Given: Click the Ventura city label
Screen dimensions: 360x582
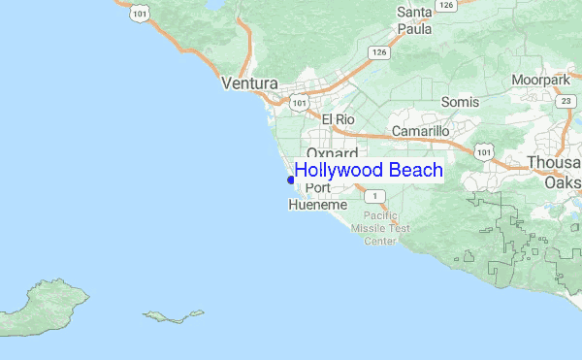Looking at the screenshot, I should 249,84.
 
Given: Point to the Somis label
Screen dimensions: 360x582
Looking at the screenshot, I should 459,102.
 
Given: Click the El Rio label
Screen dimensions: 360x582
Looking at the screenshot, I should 339,119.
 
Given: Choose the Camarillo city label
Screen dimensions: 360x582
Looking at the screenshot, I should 420,131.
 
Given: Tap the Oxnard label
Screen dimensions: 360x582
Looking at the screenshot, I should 333,153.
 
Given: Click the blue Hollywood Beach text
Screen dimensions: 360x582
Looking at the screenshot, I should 369,171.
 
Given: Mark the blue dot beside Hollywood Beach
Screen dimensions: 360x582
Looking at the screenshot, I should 290,179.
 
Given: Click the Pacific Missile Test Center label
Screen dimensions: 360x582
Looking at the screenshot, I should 386,228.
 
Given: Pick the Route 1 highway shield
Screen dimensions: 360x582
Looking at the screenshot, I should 378,196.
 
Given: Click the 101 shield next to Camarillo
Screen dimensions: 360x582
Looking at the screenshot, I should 483,151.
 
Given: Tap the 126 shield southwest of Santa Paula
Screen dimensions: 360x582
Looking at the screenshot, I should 378,52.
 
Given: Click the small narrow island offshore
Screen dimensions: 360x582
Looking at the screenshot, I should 173,315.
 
